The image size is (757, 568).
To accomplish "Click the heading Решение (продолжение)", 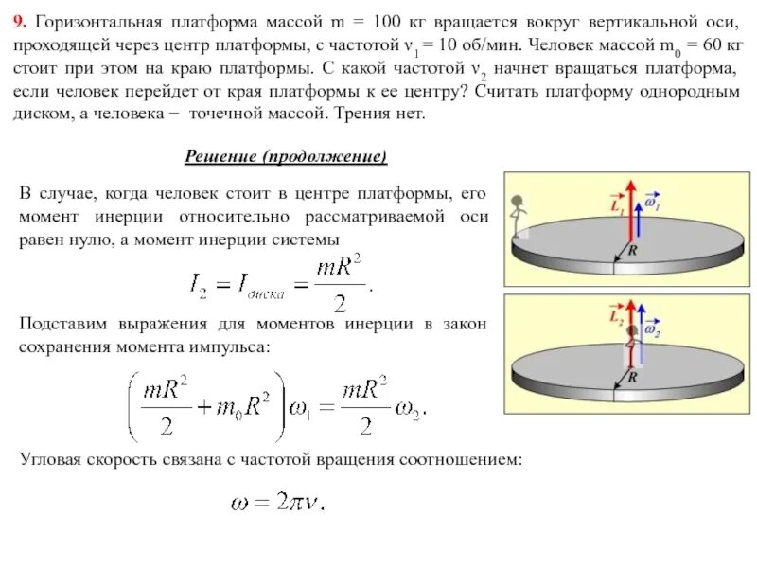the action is pos(285,156).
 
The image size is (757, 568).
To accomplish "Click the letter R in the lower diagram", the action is pos(633,376).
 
